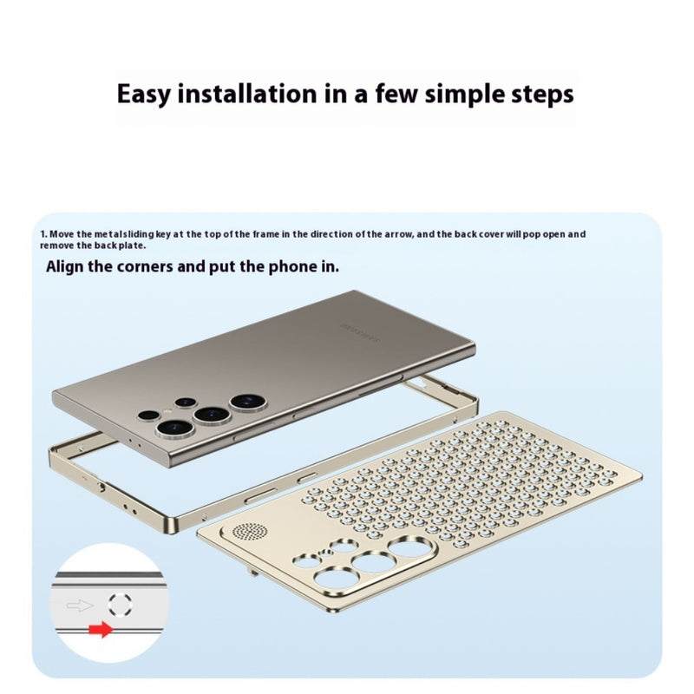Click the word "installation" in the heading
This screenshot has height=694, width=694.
point(247,94)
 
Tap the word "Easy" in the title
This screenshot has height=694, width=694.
point(143,95)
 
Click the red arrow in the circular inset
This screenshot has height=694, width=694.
point(101,629)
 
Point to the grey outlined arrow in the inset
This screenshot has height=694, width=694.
point(80,605)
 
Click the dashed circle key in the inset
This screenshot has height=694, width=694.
point(121,605)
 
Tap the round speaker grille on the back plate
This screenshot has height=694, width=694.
point(250,531)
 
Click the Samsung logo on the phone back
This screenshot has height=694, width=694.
point(360,333)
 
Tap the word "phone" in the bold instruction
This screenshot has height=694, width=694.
point(291,267)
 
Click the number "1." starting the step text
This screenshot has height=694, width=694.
point(43,234)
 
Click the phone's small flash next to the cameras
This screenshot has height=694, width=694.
point(167,411)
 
